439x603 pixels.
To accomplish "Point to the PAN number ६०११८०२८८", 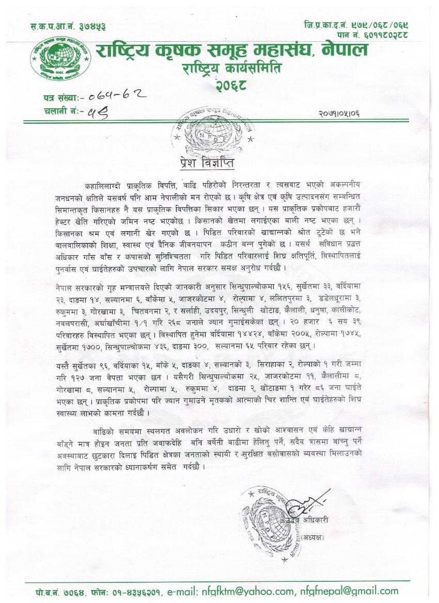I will point(380,34).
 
